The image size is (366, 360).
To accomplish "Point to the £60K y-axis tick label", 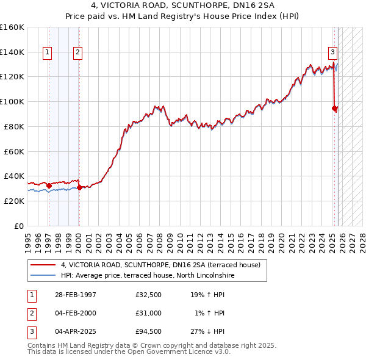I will [13, 151].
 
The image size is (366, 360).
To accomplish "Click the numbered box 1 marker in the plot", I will [48, 53].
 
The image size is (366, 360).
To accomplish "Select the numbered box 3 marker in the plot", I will [333, 53].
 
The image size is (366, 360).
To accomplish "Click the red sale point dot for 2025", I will [334, 109].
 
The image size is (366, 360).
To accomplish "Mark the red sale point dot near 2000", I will [79, 187].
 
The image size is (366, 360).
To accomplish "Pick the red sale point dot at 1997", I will [49, 185].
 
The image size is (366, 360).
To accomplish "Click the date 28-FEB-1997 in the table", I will [76, 294].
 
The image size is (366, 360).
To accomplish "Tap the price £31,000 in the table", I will [149, 313].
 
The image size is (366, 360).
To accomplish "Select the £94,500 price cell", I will [149, 332].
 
